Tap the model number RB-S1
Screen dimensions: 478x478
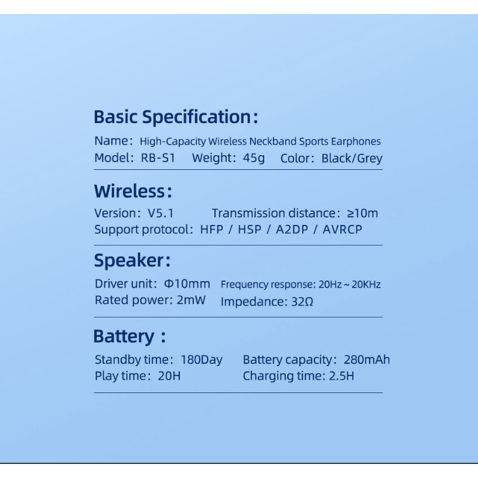(x=158, y=158)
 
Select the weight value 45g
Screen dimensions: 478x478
(x=254, y=158)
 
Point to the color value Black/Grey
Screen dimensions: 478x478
(x=352, y=159)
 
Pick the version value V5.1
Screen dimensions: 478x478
(x=161, y=213)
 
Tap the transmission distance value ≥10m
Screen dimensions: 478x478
(x=363, y=213)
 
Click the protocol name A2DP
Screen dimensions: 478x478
(x=292, y=229)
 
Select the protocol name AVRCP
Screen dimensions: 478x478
(x=342, y=229)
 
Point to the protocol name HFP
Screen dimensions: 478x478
(x=211, y=229)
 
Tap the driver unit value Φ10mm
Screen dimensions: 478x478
(x=187, y=284)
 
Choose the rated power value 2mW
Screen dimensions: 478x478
(x=191, y=300)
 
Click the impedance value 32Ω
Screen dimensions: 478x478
(x=302, y=302)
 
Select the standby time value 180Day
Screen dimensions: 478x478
(x=202, y=360)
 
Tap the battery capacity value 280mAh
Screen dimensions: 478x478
(x=367, y=360)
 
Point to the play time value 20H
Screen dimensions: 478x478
(x=169, y=376)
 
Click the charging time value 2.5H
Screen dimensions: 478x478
(x=342, y=376)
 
